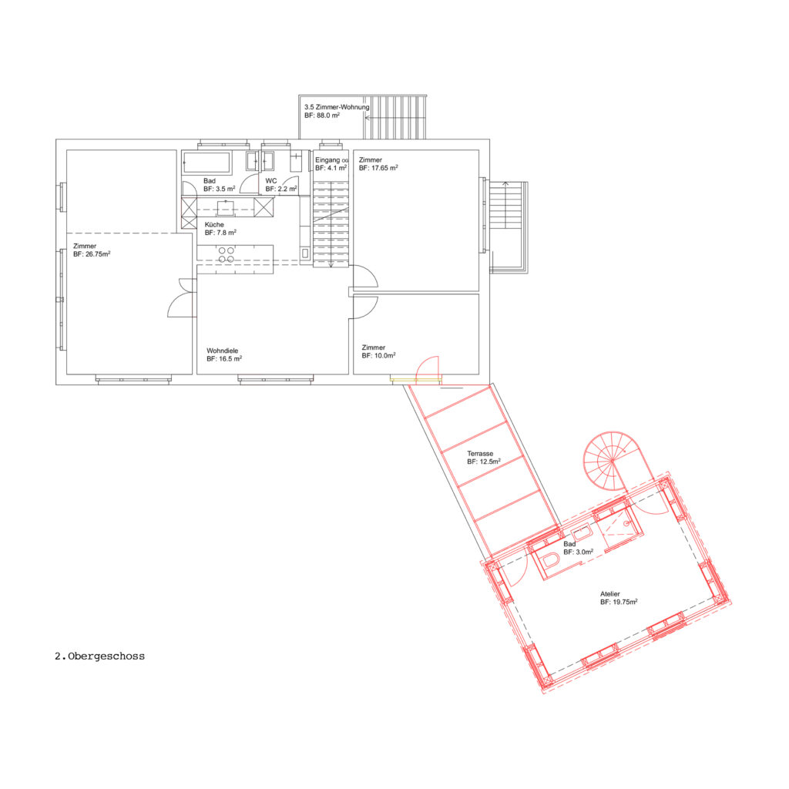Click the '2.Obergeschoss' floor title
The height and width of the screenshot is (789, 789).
point(99,656)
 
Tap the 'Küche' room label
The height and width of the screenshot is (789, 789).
point(214,224)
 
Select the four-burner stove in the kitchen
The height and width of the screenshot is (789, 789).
point(226,254)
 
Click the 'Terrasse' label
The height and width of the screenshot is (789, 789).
point(480,453)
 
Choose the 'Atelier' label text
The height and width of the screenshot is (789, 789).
point(610,594)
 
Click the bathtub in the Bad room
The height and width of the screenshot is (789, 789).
point(206,163)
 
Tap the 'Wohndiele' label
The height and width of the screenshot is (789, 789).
point(223,351)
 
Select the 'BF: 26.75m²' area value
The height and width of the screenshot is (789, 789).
point(92,254)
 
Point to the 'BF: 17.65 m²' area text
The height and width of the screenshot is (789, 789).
point(378,168)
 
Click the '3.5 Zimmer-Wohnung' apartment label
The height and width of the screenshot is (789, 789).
point(337,107)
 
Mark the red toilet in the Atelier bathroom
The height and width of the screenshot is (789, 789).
point(551,560)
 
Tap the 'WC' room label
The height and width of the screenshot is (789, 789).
point(271,180)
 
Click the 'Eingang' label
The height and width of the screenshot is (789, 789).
point(327,160)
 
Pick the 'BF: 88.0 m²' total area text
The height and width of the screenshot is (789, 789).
point(322,116)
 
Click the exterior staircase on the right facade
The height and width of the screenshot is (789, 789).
point(509,227)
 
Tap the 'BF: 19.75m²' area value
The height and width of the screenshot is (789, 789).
point(619,602)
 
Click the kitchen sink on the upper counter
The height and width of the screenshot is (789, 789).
point(226,208)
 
